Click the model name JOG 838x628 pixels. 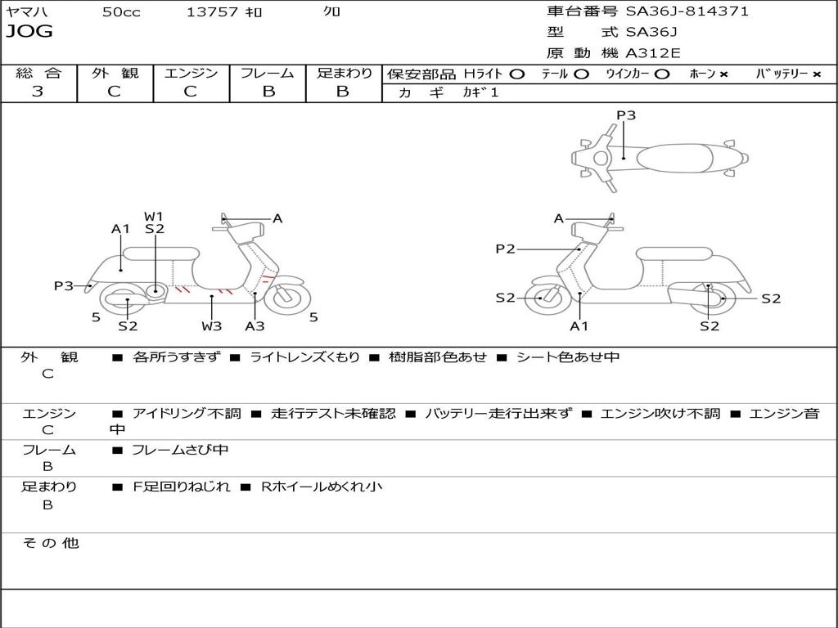point(29,32)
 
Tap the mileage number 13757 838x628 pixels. point(212,12)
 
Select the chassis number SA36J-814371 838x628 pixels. point(687,11)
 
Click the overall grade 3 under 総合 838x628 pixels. point(38,92)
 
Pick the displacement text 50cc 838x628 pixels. point(121,12)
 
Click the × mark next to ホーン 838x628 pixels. point(723,74)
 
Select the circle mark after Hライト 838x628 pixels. point(516,74)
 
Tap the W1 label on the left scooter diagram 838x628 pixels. point(155,217)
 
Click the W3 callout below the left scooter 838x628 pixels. point(212,326)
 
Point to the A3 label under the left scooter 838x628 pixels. point(255,326)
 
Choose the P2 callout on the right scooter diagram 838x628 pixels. point(505,249)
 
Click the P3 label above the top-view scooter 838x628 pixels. point(626,115)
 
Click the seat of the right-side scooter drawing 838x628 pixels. point(667,253)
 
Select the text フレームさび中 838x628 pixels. point(180,450)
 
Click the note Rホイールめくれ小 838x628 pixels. point(321,487)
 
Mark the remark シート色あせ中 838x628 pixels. point(567,357)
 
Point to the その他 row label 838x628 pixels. point(51,543)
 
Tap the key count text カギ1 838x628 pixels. point(480,92)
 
